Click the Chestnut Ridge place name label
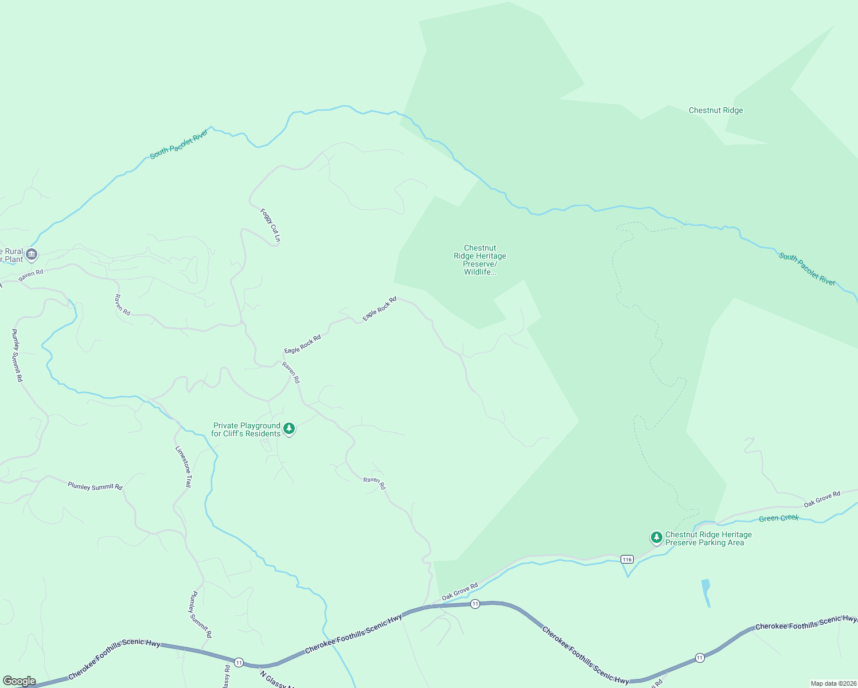point(716,111)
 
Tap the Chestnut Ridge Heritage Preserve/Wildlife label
point(480,260)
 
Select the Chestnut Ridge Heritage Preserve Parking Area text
point(708,539)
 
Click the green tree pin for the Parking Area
point(656,537)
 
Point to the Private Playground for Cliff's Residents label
point(246,430)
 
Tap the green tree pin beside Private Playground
point(289,429)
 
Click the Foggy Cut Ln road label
point(270,225)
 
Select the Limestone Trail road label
point(184,467)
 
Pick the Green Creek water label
point(778,518)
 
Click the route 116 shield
point(626,559)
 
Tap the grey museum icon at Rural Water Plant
point(32,254)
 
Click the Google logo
point(19,681)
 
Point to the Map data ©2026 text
point(832,683)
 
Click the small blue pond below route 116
point(706,592)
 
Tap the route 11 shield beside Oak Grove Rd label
point(475,604)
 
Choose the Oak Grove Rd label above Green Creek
point(821,499)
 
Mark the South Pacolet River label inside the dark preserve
point(807,269)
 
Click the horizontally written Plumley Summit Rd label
point(95,486)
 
